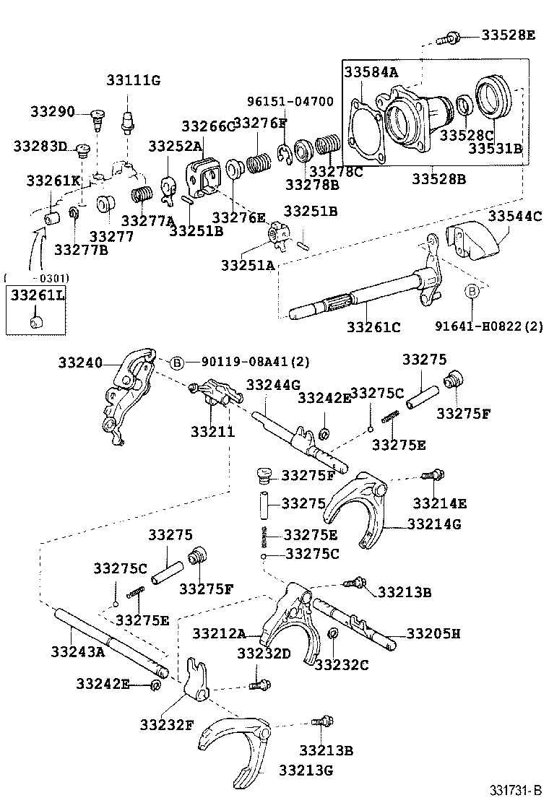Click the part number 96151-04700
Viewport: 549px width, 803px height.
point(290,102)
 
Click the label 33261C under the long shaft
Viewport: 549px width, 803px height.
point(373,327)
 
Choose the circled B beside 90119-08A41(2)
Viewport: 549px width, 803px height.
point(176,363)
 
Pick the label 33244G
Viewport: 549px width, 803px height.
point(274,386)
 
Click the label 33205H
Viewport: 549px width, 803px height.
point(433,634)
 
